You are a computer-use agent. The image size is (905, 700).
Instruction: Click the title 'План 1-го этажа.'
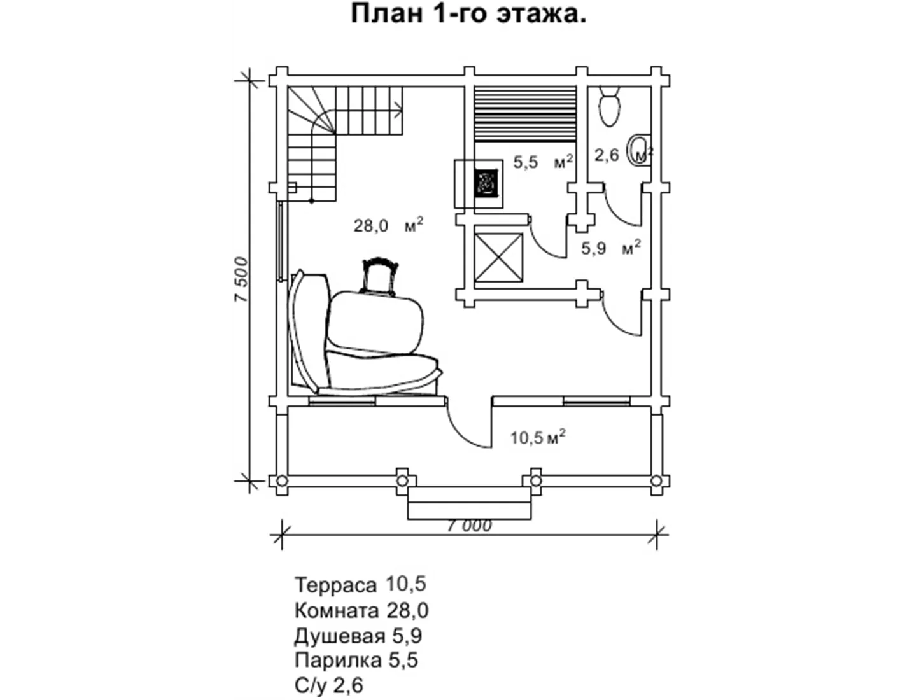click(x=468, y=14)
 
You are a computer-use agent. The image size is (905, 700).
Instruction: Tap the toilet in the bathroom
click(x=610, y=108)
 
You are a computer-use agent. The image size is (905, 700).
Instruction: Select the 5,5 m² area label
click(x=543, y=162)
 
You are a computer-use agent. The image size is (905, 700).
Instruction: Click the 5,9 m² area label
click(x=610, y=248)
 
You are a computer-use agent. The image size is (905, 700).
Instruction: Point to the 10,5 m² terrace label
click(x=538, y=438)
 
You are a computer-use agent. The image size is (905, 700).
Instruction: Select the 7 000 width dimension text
click(x=469, y=526)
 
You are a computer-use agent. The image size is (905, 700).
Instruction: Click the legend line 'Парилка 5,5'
click(x=356, y=661)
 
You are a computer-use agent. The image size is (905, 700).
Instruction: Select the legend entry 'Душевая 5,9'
click(x=358, y=635)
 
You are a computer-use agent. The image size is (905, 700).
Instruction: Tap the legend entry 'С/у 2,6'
click(x=329, y=685)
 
